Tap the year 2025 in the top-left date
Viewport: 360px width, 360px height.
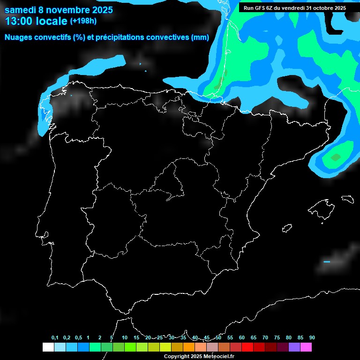click(x=98, y=9)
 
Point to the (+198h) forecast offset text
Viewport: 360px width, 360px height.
click(x=83, y=21)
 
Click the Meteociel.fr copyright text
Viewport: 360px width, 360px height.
click(x=214, y=356)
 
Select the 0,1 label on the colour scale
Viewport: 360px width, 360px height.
click(x=55, y=338)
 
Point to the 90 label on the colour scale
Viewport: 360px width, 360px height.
click(x=312, y=338)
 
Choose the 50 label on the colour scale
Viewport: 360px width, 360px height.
click(x=218, y=338)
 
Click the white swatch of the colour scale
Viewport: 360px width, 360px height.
click(x=48, y=347)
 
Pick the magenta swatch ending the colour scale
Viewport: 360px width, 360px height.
click(x=306, y=347)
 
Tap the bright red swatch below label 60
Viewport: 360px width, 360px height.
click(x=247, y=347)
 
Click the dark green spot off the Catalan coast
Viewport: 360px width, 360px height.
click(x=335, y=157)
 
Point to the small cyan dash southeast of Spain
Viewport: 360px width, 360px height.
click(x=327, y=262)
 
